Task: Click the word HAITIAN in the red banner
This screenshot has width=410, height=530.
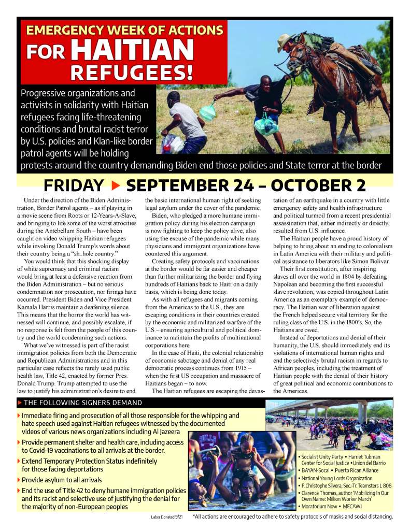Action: click(132, 50)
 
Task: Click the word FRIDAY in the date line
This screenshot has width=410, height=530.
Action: click(74, 185)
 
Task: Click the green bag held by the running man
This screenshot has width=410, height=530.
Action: click(207, 112)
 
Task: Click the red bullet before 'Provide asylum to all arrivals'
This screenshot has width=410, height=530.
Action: click(19, 480)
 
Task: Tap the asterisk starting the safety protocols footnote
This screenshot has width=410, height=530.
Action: click(194, 516)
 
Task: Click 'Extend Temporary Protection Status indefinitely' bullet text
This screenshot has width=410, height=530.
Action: click(90, 461)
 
